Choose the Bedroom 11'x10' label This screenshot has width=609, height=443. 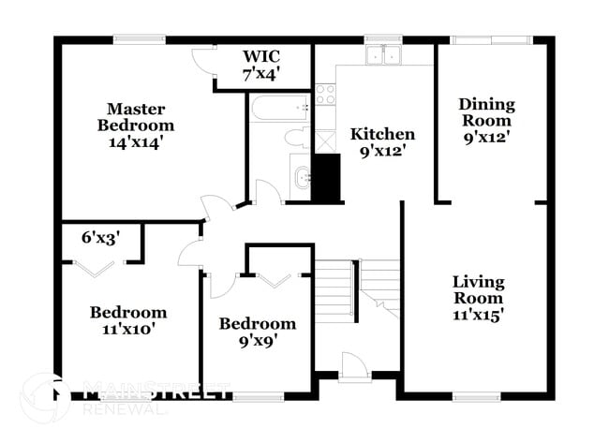click(x=128, y=320)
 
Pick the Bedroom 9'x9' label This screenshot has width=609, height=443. click(x=258, y=332)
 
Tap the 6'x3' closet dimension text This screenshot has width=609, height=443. click(x=100, y=238)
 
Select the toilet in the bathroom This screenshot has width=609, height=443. click(x=295, y=139)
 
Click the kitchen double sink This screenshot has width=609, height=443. click(x=383, y=55)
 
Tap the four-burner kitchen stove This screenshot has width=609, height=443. click(x=325, y=94)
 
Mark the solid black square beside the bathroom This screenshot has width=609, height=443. click(x=325, y=177)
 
